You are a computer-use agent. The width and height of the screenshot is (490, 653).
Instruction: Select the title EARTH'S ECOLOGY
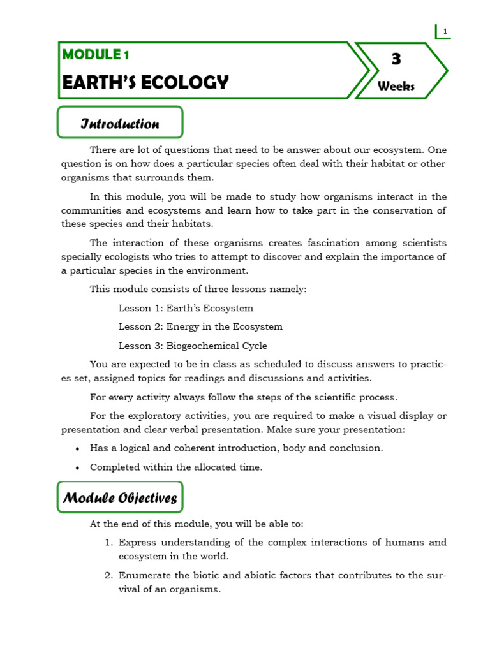pyautogui.click(x=145, y=83)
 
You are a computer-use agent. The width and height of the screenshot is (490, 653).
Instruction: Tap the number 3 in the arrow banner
pyautogui.click(x=396, y=60)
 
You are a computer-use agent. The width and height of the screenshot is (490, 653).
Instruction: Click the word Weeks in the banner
pyautogui.click(x=396, y=86)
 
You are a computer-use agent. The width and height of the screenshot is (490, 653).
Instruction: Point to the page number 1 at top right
pyautogui.click(x=445, y=31)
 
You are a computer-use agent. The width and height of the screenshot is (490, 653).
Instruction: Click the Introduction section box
pyautogui.click(x=120, y=123)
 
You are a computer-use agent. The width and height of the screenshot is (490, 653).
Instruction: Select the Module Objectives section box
pyautogui.click(x=120, y=497)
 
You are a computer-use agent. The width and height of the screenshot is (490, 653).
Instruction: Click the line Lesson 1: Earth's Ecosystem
pyautogui.click(x=186, y=308)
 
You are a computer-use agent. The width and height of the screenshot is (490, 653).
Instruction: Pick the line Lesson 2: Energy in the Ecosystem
pyautogui.click(x=200, y=326)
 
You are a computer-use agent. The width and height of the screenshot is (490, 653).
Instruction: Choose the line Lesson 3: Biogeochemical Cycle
pyautogui.click(x=193, y=346)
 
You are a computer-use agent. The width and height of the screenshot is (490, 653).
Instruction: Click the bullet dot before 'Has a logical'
pyautogui.click(x=77, y=448)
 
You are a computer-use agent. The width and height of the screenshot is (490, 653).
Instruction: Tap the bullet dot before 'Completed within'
pyautogui.click(x=77, y=467)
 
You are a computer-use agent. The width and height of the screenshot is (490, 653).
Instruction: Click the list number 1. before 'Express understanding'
pyautogui.click(x=108, y=543)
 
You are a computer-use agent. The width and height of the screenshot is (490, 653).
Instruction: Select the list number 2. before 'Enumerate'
pyautogui.click(x=108, y=575)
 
